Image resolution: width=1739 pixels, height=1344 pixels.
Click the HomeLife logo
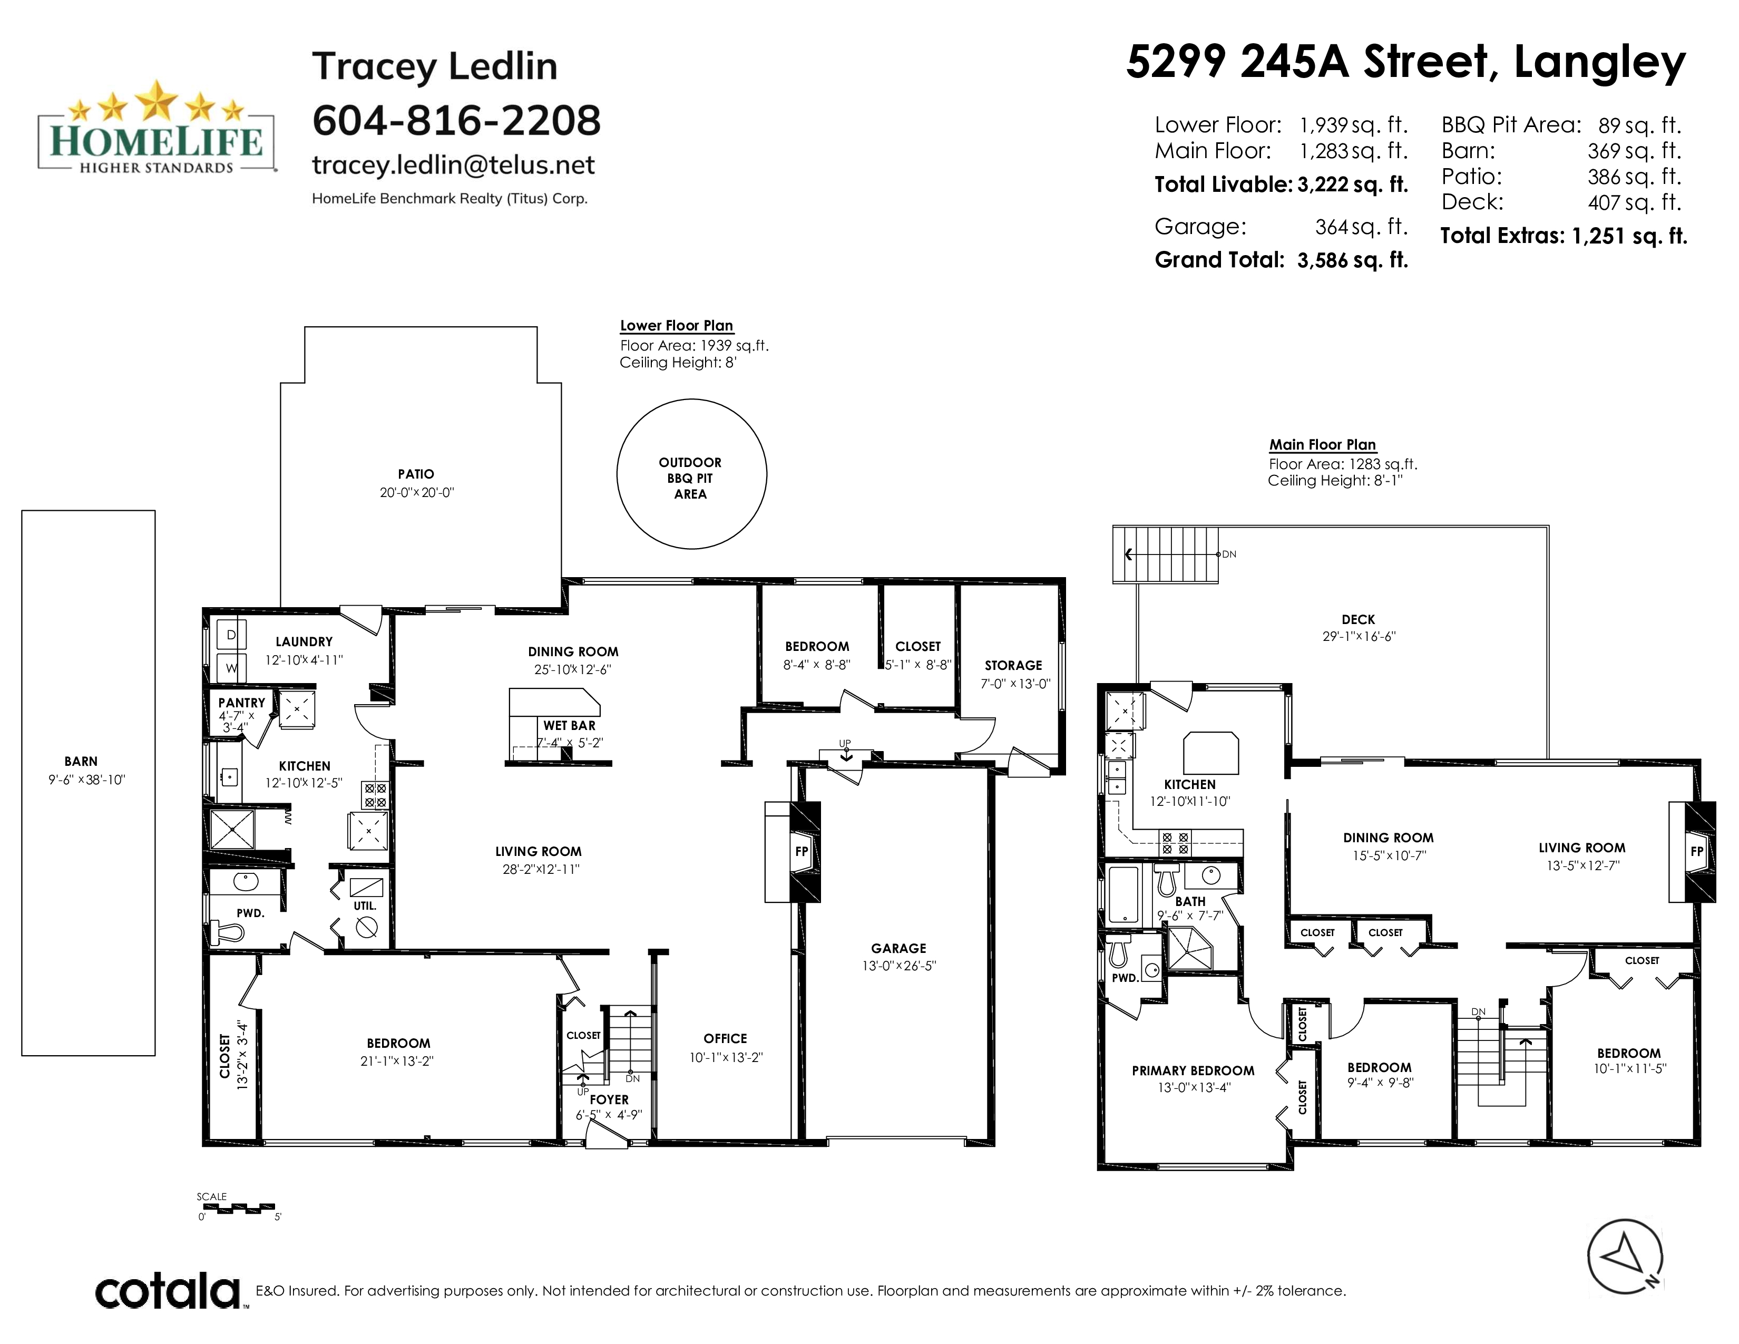pyautogui.click(x=157, y=128)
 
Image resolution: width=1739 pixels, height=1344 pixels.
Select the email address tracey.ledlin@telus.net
pyautogui.click(x=453, y=165)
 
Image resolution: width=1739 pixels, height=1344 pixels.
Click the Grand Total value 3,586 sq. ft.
pyautogui.click(x=1353, y=260)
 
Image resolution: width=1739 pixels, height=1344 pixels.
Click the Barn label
pyautogui.click(x=81, y=761)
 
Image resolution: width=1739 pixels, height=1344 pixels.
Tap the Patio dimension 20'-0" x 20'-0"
pyautogui.click(x=416, y=493)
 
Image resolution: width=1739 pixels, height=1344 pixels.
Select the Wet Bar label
pyautogui.click(x=569, y=725)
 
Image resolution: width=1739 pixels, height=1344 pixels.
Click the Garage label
pyautogui.click(x=898, y=948)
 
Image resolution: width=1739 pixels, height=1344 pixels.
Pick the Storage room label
pyautogui.click(x=1013, y=665)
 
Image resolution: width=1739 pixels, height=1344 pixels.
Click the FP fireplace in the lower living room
pyautogui.click(x=802, y=851)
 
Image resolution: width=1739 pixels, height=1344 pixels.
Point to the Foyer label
pyautogui.click(x=609, y=1099)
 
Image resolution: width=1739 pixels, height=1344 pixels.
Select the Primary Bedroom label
pyautogui.click(x=1193, y=1071)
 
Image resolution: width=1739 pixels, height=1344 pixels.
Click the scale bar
pyautogui.click(x=237, y=1207)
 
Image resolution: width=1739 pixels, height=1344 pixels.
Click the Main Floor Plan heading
pyautogui.click(x=1323, y=445)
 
